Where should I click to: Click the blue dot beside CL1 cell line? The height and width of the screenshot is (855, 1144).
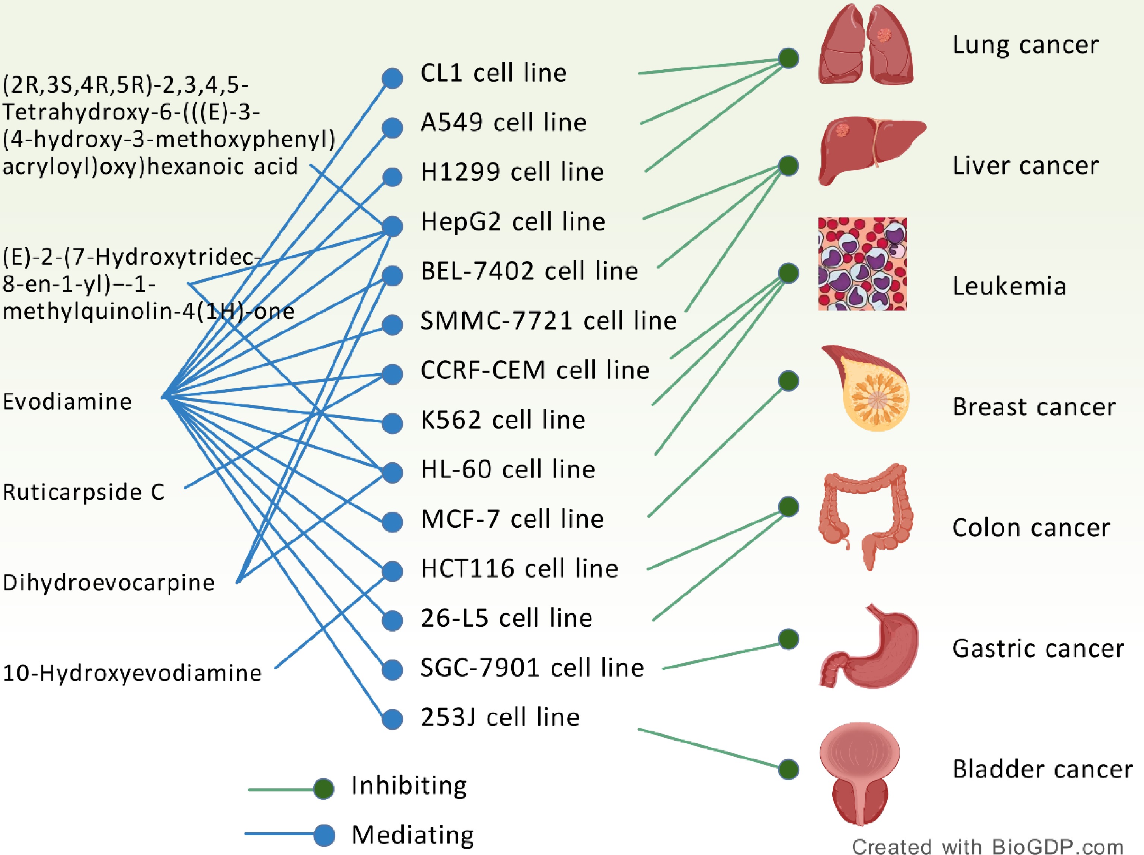click(x=393, y=79)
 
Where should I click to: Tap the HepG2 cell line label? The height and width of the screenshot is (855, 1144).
click(x=513, y=222)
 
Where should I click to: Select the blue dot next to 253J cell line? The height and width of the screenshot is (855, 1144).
click(x=393, y=719)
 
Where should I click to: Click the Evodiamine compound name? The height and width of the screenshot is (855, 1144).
click(x=67, y=402)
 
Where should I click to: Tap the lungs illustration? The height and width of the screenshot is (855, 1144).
click(x=866, y=45)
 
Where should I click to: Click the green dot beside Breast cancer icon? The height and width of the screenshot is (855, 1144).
click(x=788, y=381)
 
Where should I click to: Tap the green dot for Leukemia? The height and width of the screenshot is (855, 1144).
click(x=788, y=273)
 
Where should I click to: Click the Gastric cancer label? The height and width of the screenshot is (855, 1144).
click(x=1038, y=649)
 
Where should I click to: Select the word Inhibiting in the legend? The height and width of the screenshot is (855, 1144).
click(x=409, y=786)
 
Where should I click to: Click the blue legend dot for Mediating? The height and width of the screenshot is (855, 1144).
click(x=324, y=835)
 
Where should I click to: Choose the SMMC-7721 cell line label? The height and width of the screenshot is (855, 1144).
click(x=548, y=321)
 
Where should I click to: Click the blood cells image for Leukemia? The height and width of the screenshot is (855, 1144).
click(x=862, y=264)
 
